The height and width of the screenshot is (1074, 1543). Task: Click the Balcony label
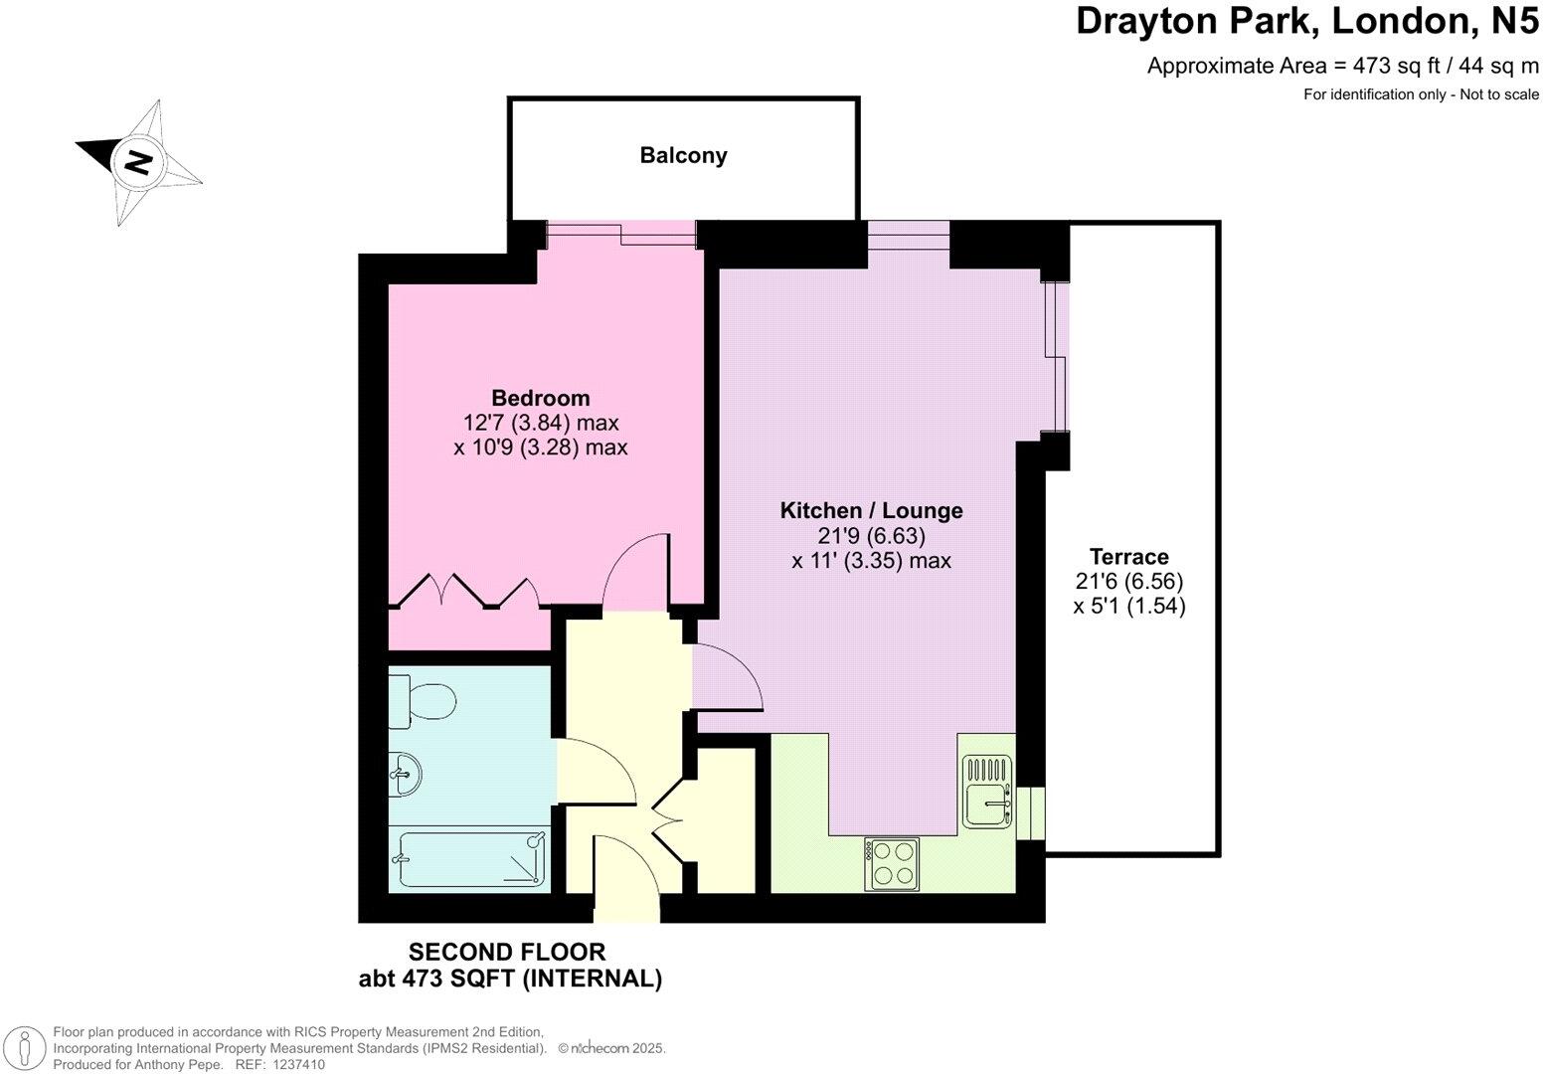click(683, 155)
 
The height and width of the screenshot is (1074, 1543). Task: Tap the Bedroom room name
click(540, 398)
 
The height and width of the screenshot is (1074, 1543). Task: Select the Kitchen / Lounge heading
click(871, 510)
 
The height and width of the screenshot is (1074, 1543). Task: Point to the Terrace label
click(1128, 556)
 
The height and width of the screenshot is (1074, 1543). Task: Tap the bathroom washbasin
click(407, 773)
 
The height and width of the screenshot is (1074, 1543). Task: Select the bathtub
click(470, 858)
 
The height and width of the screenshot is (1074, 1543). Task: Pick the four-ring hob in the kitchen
click(892, 863)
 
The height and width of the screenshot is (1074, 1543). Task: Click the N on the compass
click(137, 161)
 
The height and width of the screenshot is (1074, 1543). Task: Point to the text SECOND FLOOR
click(507, 952)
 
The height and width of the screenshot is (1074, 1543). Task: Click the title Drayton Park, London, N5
click(1306, 22)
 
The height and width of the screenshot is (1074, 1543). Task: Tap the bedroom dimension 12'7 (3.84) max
click(541, 423)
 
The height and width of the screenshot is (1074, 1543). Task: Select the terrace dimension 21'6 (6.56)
click(1129, 581)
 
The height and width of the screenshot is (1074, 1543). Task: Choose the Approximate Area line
click(1342, 67)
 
